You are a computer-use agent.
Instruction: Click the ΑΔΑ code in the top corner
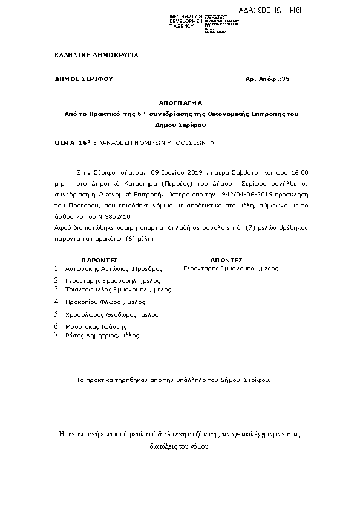(x=275, y=11)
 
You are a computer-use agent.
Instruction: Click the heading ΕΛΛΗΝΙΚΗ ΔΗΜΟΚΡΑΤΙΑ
(x=96, y=55)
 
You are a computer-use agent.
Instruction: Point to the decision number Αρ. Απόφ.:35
(x=267, y=79)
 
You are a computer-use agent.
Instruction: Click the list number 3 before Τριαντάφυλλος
(x=56, y=290)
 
